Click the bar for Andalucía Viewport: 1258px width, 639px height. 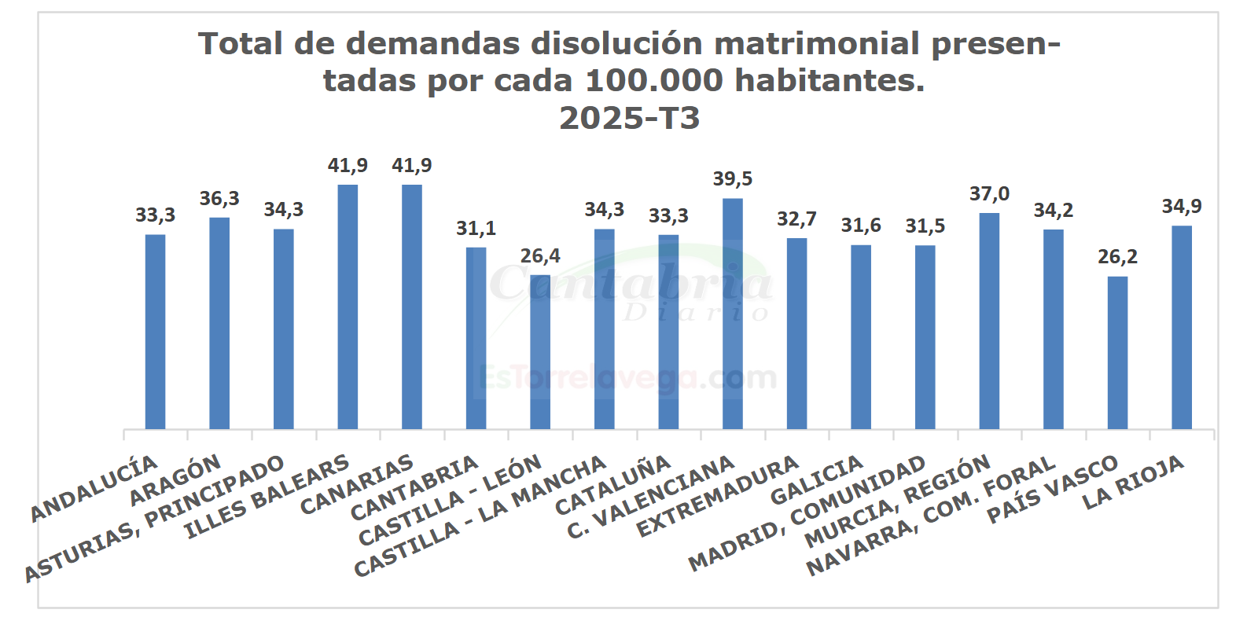pos(155,332)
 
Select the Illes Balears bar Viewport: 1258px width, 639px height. pos(348,307)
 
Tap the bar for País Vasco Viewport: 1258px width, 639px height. pos(1117,352)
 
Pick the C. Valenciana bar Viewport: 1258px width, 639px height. pos(732,314)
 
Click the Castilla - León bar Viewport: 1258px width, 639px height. pos(540,352)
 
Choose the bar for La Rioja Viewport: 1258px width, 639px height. pos(1182,327)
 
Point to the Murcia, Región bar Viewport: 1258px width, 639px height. pos(989,321)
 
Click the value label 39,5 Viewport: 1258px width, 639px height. pos(732,179)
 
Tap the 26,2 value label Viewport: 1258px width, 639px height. pos(1117,257)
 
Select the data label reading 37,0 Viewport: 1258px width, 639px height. pos(989,194)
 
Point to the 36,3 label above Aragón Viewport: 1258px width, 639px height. pos(219,199)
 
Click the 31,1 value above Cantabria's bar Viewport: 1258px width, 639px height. pos(476,229)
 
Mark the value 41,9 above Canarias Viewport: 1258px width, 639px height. pos(412,166)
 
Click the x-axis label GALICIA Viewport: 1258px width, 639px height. pos(817,480)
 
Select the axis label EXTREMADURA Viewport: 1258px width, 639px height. pos(718,496)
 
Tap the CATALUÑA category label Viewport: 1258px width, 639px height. pos(613,485)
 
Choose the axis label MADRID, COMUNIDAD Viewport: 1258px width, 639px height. pos(807,512)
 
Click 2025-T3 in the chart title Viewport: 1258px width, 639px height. pos(629,118)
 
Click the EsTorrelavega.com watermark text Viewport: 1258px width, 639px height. pos(628,378)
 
